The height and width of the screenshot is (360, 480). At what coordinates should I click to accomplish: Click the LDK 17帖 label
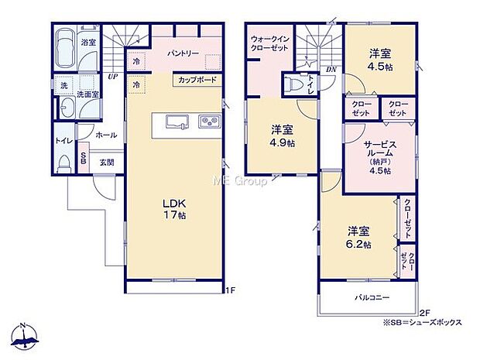pyautogui.click(x=174, y=209)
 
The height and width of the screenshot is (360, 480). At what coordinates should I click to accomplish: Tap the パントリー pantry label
pyautogui.click(x=183, y=53)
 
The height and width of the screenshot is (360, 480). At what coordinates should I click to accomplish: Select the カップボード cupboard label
pyautogui.click(x=197, y=81)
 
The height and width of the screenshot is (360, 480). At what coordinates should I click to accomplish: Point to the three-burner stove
pyautogui.click(x=210, y=121)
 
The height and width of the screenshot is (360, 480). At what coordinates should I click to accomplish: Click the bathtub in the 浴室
pyautogui.click(x=65, y=49)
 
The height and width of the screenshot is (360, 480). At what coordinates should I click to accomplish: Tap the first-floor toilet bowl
pyautogui.click(x=64, y=164)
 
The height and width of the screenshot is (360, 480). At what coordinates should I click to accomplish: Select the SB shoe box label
pyautogui.click(x=84, y=158)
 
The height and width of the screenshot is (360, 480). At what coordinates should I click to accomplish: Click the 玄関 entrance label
pyautogui.click(x=107, y=163)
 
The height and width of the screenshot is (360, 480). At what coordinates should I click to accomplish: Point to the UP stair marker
pyautogui.click(x=113, y=77)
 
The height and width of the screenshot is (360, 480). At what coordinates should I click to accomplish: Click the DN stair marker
pyautogui.click(x=331, y=70)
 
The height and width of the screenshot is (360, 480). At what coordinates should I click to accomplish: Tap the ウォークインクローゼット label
pyautogui.click(x=269, y=44)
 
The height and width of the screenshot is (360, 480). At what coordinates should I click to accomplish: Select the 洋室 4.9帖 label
pyautogui.click(x=283, y=136)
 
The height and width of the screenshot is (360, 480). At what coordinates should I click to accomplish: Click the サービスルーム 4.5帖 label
pyautogui.click(x=380, y=157)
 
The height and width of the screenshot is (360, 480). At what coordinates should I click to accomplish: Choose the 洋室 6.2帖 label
pyautogui.click(x=358, y=238)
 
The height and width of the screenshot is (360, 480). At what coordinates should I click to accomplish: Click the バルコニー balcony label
pyautogui.click(x=372, y=297)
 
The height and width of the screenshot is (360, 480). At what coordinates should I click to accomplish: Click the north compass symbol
pyautogui.click(x=25, y=336)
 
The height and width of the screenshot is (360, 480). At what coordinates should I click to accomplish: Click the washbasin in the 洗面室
pyautogui.click(x=67, y=108)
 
